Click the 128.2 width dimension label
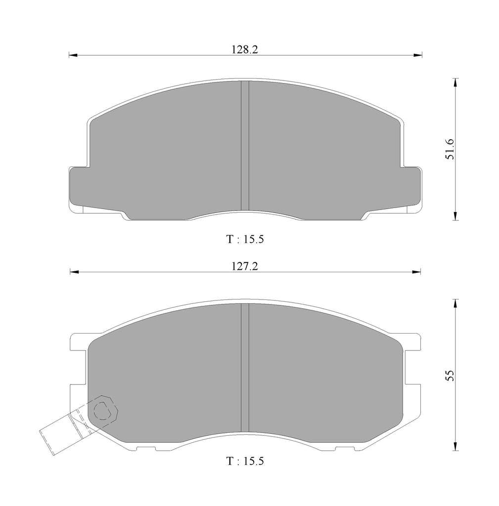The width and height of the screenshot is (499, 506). click(x=245, y=49)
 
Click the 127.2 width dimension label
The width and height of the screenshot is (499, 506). click(x=245, y=266)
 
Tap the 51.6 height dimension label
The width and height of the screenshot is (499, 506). click(x=450, y=149)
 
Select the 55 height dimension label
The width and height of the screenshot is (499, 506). click(x=450, y=376)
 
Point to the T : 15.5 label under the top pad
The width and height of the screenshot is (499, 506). click(x=245, y=239)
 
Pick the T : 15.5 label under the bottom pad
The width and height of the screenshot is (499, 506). click(x=245, y=461)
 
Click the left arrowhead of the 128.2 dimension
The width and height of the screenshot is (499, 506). click(x=73, y=55)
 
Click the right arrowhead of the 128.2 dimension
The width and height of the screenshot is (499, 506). click(x=418, y=55)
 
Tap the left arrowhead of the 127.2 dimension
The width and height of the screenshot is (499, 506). click(x=74, y=272)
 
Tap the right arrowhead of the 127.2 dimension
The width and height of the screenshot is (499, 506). click(x=416, y=272)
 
